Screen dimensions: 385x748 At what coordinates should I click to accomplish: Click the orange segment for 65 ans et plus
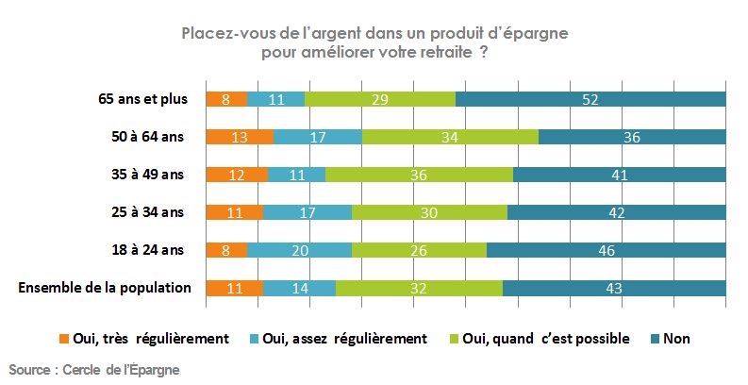point(226,99)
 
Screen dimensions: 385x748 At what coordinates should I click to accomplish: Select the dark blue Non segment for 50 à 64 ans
point(632,137)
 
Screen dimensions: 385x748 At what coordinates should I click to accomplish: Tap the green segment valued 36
point(419,175)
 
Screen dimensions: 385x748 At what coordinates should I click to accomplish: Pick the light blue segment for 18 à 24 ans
point(299,250)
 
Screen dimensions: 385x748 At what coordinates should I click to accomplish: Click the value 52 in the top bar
point(590,99)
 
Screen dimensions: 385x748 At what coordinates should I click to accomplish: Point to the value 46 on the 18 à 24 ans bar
point(606,250)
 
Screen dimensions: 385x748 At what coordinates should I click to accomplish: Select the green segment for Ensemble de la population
point(419,288)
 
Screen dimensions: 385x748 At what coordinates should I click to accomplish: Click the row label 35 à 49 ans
point(149,175)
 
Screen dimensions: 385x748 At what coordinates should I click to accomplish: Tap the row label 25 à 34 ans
point(149,212)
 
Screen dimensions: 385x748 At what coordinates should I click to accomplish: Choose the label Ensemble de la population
point(105,288)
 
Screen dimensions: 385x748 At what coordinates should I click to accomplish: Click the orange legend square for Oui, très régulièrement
point(65,338)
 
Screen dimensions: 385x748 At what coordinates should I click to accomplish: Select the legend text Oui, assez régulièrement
point(346,338)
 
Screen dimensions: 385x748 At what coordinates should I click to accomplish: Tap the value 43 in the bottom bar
point(614,288)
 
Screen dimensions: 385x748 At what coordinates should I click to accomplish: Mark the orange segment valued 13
point(240,137)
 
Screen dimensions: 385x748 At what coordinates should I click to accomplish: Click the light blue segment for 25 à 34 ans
point(308,212)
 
